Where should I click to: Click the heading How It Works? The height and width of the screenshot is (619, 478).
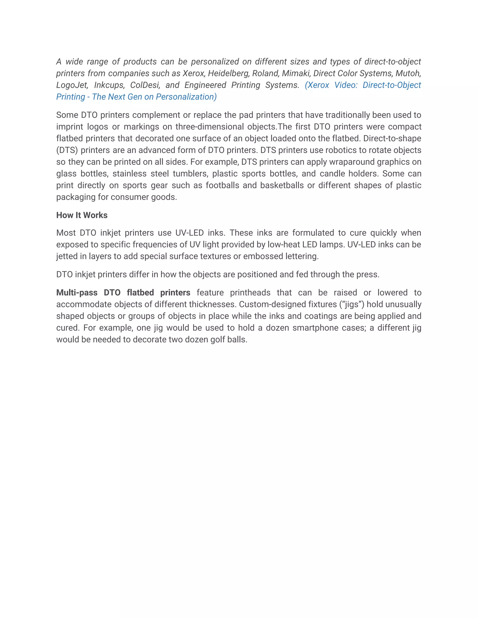82,215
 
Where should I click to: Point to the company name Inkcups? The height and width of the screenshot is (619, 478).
109,85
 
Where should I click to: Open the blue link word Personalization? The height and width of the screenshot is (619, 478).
186,97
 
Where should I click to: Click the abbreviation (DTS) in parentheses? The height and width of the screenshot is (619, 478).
67,150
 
